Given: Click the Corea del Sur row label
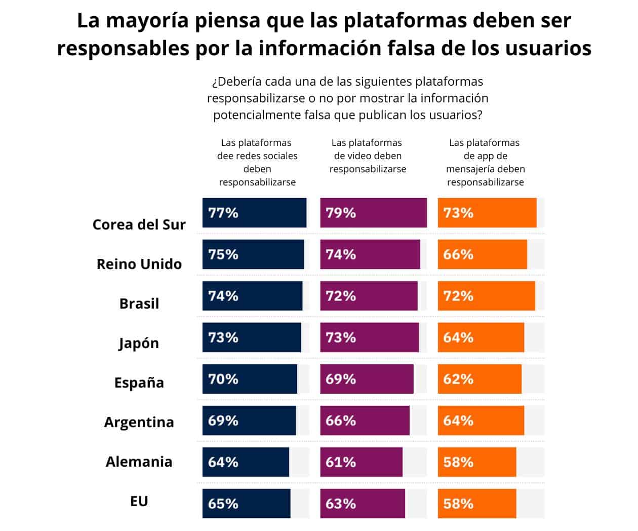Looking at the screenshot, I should (139, 224).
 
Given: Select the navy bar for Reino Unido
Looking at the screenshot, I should (253, 254).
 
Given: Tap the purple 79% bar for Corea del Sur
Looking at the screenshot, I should (373, 213).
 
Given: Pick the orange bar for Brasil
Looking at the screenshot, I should (486, 296).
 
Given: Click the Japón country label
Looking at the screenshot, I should (139, 343).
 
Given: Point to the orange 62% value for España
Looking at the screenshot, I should (458, 379).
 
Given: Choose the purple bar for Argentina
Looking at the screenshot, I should (365, 421).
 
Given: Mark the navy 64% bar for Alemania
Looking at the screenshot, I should (246, 462).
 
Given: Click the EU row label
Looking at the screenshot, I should (139, 501).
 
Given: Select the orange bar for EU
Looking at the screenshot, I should (477, 504).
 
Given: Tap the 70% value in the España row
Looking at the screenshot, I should (223, 379).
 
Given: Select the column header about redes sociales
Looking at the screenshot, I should (257, 162).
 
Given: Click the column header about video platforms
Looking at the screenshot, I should (368, 156).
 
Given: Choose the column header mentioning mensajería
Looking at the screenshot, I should (485, 162).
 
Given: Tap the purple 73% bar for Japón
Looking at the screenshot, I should (370, 337).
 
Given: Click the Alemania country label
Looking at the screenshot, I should (139, 462).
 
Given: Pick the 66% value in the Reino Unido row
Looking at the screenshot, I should (458, 254).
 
